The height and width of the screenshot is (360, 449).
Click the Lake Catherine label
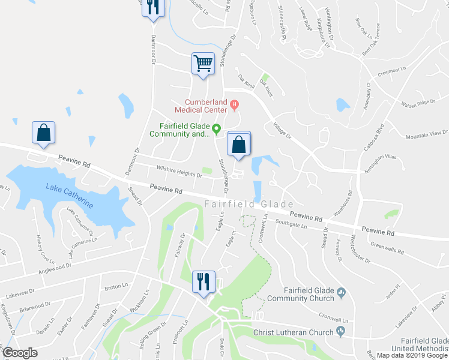tap(69, 195)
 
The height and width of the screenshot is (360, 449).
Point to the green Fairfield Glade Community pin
tap(217, 128)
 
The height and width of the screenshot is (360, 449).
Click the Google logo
tap(20, 353)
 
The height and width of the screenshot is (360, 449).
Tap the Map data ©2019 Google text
tap(412, 355)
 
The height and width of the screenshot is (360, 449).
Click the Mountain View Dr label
tap(427, 134)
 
